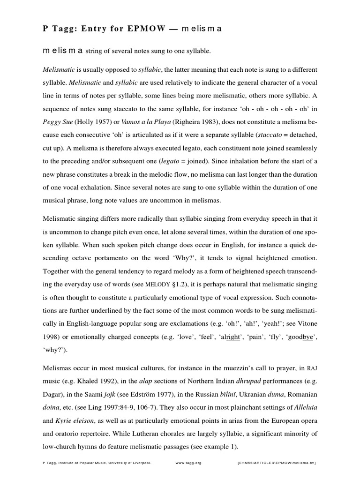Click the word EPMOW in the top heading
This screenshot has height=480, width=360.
(x=147, y=28)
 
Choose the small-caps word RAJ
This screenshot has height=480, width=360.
(x=313, y=363)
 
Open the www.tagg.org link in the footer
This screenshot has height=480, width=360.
(x=188, y=463)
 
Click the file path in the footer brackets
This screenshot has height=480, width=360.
(x=277, y=463)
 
